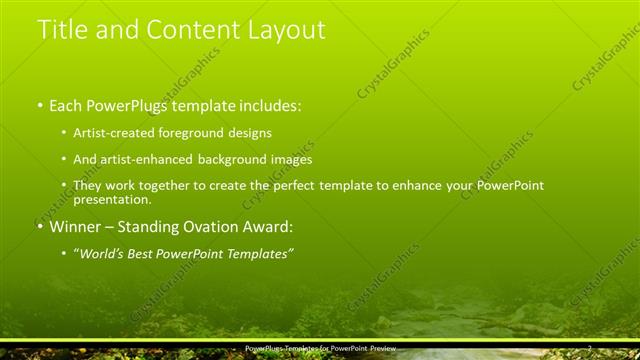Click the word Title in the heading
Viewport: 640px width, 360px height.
click(62, 30)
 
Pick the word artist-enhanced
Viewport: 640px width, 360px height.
click(140, 159)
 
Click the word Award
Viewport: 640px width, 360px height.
click(270, 227)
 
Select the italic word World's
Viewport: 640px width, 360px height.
click(103, 254)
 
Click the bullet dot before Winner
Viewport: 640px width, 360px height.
click(40, 227)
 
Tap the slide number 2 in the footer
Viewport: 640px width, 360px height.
click(590, 347)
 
